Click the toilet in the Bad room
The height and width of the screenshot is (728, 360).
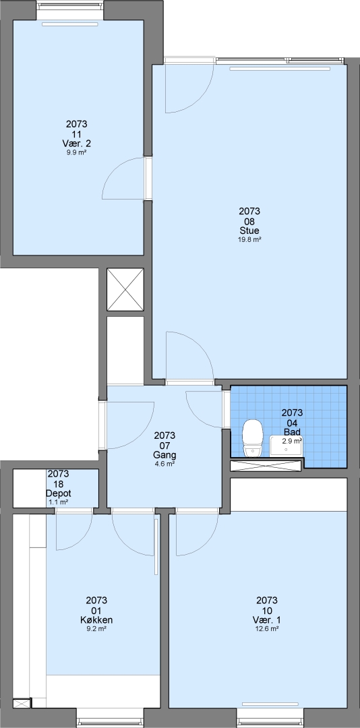253,438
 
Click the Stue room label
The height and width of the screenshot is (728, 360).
249,231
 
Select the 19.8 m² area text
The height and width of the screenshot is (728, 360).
249,239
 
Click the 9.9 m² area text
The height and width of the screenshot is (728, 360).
77,152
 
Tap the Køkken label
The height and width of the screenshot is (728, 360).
96,620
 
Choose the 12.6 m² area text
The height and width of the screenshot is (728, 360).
267,629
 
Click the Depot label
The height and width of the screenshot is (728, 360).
58,493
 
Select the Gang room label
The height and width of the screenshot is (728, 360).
164,454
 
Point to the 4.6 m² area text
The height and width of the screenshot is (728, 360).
164,463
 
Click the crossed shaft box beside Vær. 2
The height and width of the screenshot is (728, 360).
125,289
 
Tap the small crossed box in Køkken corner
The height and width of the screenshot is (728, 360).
22,703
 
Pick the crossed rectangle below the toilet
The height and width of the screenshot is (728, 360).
267,466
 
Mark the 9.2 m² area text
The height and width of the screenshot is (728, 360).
96,629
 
